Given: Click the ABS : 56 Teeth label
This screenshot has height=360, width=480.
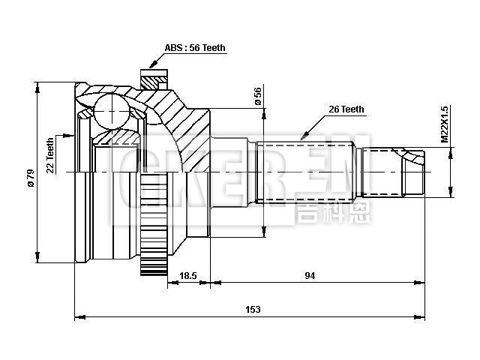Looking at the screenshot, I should [x=195, y=48].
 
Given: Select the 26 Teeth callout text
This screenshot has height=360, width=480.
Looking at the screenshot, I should [x=346, y=109].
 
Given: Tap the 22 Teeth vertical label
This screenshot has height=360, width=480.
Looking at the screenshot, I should [x=50, y=156].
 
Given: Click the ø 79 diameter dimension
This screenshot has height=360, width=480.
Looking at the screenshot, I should [x=30, y=178].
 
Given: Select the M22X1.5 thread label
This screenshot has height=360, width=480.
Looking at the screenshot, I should [x=444, y=124].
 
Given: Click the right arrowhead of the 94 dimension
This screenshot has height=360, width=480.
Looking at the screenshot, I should [x=421, y=283].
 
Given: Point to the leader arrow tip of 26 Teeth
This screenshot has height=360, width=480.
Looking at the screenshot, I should [x=301, y=139].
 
